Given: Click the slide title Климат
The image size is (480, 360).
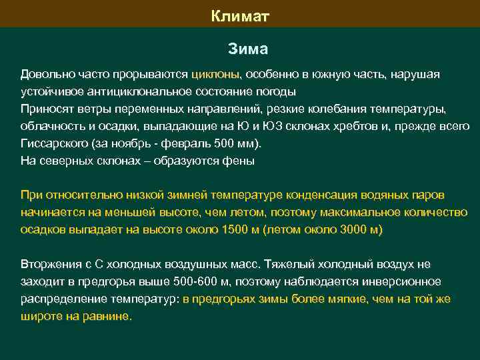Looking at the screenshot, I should [240, 15].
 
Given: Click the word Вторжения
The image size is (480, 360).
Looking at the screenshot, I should [51, 265].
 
